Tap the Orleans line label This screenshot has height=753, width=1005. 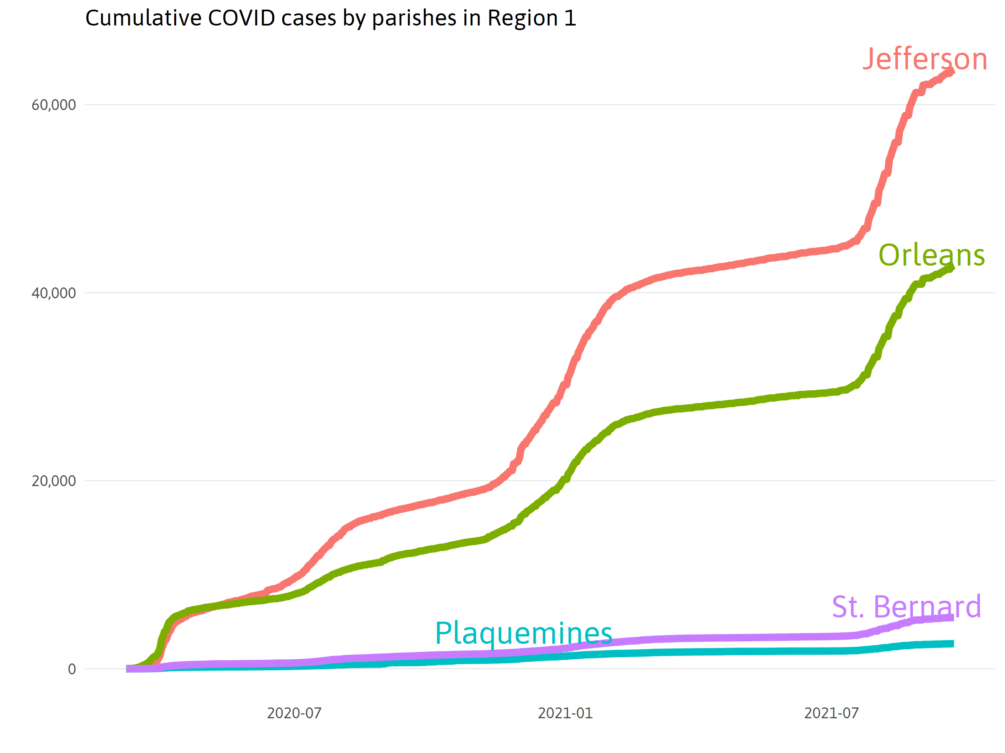(x=931, y=255)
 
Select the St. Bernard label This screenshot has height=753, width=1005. (x=907, y=607)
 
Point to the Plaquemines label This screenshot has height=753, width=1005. (x=523, y=633)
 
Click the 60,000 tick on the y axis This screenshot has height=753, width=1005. (x=54, y=105)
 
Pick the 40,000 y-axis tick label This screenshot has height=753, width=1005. (x=54, y=293)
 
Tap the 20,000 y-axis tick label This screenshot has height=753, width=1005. (x=54, y=481)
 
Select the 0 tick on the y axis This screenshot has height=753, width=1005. (x=72, y=669)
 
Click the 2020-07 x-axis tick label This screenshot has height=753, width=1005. (x=294, y=713)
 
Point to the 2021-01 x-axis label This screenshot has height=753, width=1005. (x=565, y=713)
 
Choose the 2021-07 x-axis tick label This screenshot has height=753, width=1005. (x=832, y=713)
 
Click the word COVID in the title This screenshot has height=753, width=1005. (x=241, y=18)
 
